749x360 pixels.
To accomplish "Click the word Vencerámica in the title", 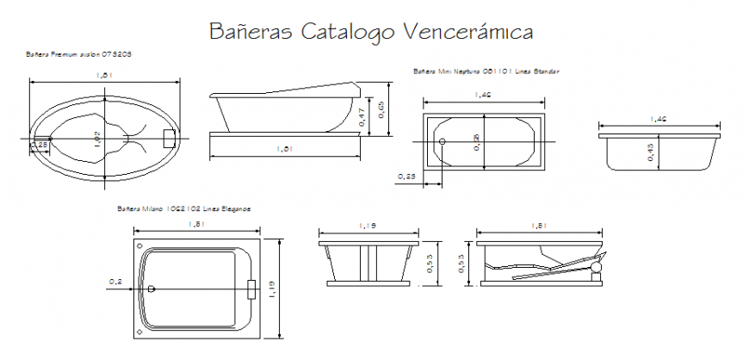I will click(468, 32).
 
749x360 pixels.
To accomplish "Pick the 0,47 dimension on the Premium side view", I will click(362, 115).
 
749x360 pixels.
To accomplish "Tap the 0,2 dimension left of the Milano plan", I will click(115, 282).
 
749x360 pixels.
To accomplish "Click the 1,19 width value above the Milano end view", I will click(368, 226).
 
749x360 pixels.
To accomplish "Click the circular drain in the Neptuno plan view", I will click(442, 141).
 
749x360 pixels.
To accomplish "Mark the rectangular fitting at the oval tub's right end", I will click(170, 137).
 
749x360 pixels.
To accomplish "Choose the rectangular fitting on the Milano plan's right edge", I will click(251, 288).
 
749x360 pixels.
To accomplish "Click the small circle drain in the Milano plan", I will click(152, 289).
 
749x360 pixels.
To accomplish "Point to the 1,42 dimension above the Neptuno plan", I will click(482, 95).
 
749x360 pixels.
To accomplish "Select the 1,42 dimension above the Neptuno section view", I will click(659, 118).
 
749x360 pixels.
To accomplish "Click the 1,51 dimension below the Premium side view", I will click(285, 149).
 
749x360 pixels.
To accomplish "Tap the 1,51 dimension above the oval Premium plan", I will click(104, 77).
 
